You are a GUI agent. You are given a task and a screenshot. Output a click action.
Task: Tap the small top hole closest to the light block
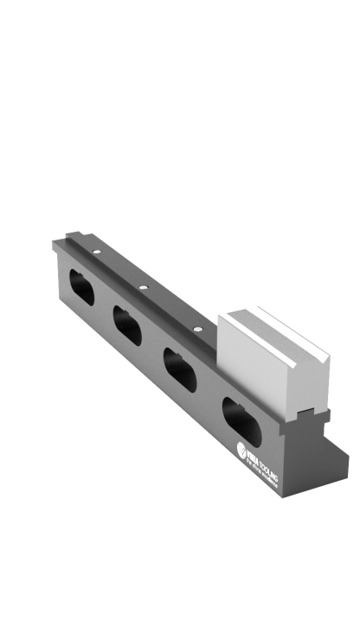[x=197, y=328]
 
